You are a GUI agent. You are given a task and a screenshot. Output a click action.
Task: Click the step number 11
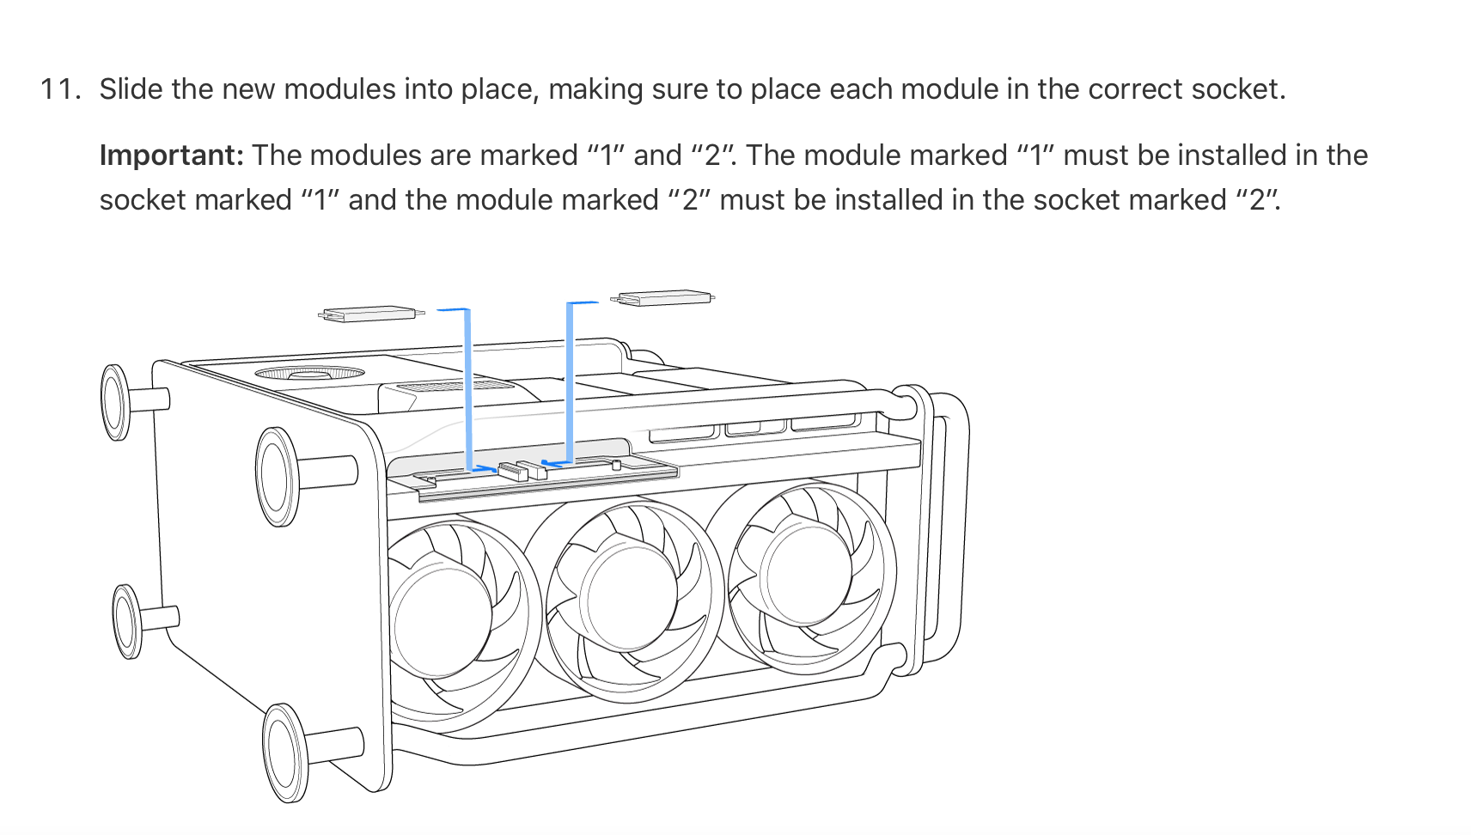(60, 89)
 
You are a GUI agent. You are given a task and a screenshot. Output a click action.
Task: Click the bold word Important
(171, 155)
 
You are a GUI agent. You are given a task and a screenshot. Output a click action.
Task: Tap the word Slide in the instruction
(131, 89)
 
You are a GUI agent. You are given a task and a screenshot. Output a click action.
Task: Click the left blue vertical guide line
(467, 387)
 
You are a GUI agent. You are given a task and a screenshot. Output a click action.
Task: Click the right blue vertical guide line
(570, 382)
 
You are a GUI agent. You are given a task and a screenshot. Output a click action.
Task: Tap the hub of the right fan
(806, 571)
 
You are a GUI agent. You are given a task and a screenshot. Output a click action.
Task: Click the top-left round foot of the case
(115, 401)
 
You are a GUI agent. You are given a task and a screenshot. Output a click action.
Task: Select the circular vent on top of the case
(309, 374)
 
